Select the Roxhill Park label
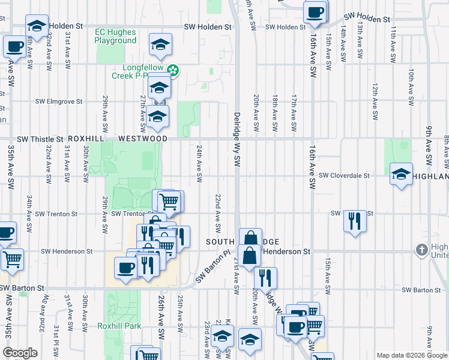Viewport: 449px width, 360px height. coord(119,326)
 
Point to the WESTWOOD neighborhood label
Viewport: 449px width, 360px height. coord(143,139)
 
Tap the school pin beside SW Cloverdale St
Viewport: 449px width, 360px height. coord(401,174)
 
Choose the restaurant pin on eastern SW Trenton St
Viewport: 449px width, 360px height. coord(355,221)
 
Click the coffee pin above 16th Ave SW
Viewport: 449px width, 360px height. coord(315,12)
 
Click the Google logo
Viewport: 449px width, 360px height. coord(20,353)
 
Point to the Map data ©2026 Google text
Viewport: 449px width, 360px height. coord(411,355)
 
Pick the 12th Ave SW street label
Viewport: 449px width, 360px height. coord(375,96)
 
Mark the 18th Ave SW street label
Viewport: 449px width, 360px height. coord(275,112)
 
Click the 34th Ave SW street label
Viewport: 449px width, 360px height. coord(28,205)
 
